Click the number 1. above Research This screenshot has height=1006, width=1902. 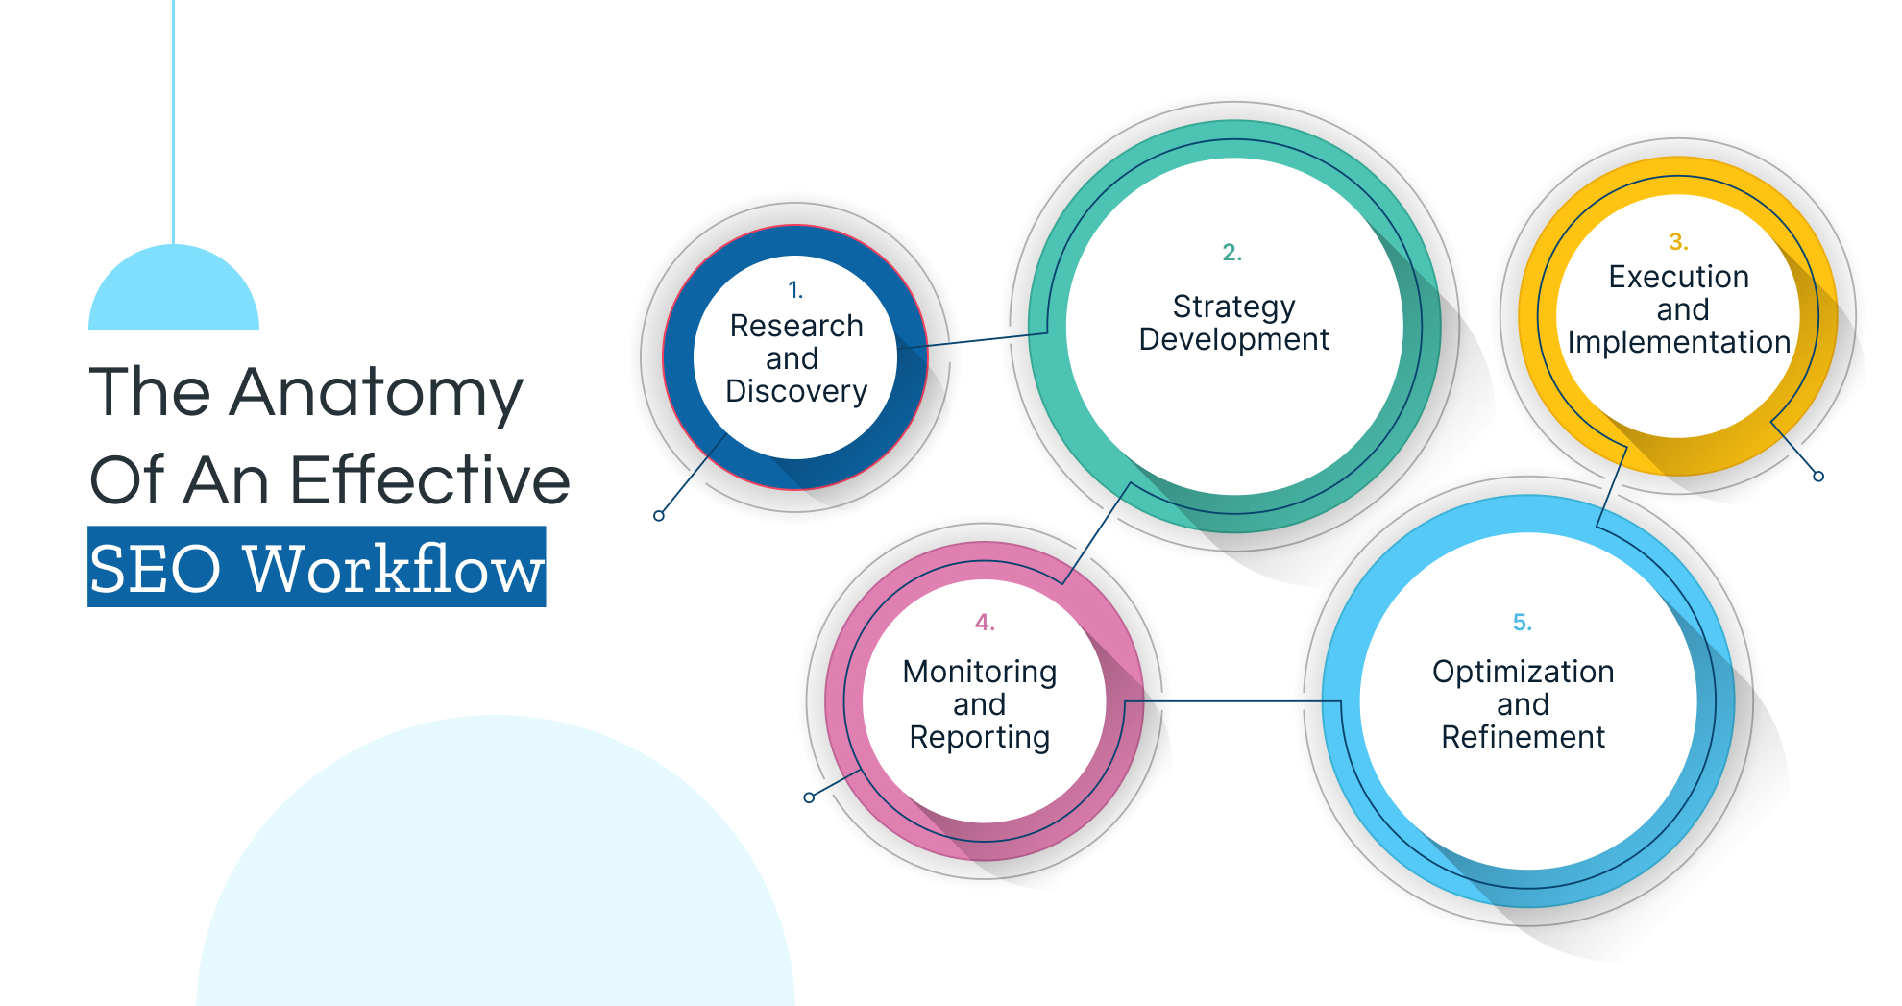[795, 289]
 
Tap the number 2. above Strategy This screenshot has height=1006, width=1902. [1231, 252]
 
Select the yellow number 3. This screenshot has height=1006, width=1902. [1677, 241]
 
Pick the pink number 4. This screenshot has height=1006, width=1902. [985, 622]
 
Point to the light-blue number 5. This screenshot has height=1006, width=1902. [1522, 622]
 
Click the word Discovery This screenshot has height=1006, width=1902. [796, 391]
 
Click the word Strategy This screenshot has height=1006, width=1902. [1233, 307]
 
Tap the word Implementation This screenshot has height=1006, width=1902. [1678, 342]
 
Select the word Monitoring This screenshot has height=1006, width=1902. [979, 672]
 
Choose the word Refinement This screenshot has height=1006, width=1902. [1523, 737]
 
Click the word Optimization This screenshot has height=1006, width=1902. [1523, 672]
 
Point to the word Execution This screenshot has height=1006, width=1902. [1678, 277]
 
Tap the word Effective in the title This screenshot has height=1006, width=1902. [429, 479]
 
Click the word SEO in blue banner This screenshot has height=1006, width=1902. [155, 569]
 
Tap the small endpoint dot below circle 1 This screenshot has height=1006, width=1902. [659, 516]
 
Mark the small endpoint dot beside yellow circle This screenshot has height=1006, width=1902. [1818, 477]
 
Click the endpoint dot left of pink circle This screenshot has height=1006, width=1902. [809, 797]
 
